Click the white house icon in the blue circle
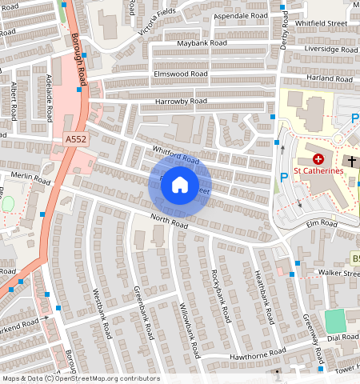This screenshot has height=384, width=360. [180, 186]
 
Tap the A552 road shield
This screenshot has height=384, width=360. [74, 139]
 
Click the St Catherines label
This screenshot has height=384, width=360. [318, 170]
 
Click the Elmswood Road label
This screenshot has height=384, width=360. [181, 73]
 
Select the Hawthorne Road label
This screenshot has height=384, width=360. [258, 353]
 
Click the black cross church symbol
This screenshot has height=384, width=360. [353, 162]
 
